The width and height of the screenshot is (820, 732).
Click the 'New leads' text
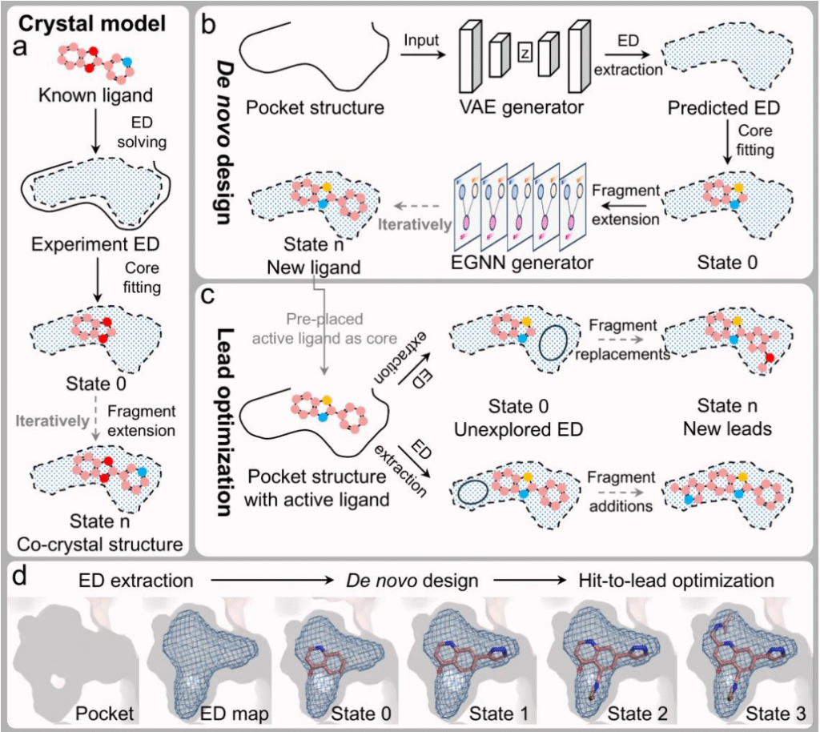coord(727,429)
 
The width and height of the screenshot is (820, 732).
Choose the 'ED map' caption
coord(228,710)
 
